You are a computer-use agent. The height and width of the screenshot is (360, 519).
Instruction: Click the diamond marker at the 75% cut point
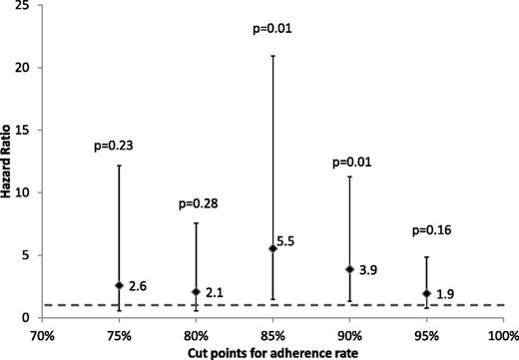coord(119,285)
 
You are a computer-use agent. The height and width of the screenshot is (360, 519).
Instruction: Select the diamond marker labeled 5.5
coord(272,248)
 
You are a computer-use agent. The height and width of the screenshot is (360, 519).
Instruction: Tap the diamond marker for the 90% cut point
coord(349,269)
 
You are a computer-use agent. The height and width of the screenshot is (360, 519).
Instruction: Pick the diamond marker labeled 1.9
coord(426,293)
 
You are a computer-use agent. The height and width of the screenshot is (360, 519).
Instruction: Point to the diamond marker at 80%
coord(196,291)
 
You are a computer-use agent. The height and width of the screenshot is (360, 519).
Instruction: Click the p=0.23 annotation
coord(119,147)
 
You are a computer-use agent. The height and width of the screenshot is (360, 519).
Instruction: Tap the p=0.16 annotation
coord(426,231)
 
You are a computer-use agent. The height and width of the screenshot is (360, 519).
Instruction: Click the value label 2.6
coord(138,286)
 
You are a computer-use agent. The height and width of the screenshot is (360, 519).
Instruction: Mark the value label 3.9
coord(368,270)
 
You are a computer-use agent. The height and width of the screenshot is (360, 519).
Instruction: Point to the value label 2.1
coord(215,292)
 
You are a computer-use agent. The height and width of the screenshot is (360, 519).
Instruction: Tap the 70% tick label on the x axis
coord(42,333)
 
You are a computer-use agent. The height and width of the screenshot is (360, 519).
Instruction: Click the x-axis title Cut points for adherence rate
coord(272,351)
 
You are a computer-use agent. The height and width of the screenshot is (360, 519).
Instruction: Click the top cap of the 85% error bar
coord(272,56)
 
